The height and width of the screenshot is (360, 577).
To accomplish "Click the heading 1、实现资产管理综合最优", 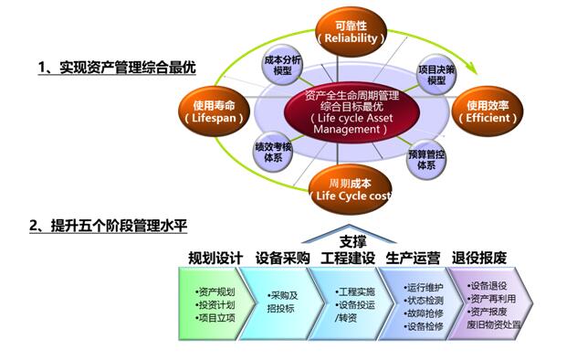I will (x=116, y=67).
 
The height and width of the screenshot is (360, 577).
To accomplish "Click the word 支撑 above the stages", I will (x=352, y=241).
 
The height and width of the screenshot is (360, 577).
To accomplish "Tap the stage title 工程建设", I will (x=349, y=258).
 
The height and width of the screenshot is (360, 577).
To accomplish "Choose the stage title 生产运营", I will (x=414, y=258).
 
